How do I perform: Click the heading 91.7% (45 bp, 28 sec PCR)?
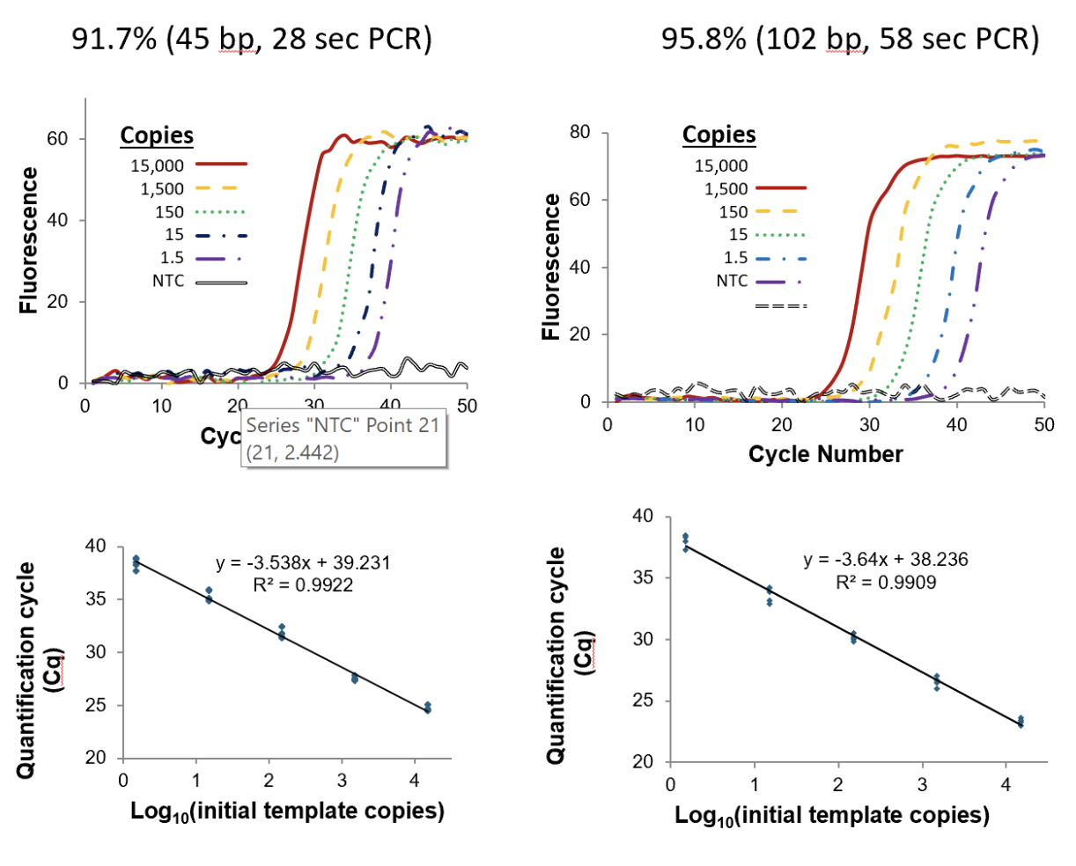pyautogui.click(x=252, y=40)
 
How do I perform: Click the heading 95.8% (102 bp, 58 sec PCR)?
pyautogui.click(x=850, y=40)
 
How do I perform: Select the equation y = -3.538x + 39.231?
pyautogui.click(x=303, y=563)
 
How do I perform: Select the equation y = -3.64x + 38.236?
pyautogui.click(x=885, y=560)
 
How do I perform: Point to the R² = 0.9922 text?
pyautogui.click(x=303, y=584)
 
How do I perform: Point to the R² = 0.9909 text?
pyautogui.click(x=885, y=582)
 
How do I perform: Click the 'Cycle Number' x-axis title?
pyautogui.click(x=825, y=454)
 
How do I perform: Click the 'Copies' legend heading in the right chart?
pyautogui.click(x=719, y=135)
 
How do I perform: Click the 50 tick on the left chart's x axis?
pyautogui.click(x=467, y=406)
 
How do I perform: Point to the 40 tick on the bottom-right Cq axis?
pyautogui.click(x=643, y=516)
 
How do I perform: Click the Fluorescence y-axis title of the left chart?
pyautogui.click(x=29, y=239)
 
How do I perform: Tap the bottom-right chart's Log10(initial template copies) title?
pyautogui.click(x=831, y=816)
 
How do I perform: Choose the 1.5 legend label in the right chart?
pyautogui.click(x=735, y=258)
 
